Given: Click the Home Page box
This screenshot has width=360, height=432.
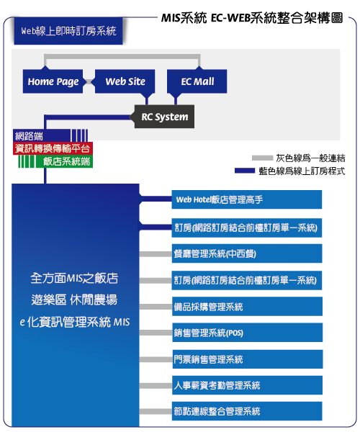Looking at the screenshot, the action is pos(53,81).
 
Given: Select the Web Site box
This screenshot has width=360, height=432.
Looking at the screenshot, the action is pos(125,81).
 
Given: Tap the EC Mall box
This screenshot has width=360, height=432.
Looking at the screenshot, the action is pos(197,81).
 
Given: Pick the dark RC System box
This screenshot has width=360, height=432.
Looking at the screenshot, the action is pos(164,117).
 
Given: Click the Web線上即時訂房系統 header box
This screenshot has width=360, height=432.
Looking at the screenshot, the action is pos(68,31).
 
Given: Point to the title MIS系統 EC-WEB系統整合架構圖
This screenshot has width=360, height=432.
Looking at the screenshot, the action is pos(252,18).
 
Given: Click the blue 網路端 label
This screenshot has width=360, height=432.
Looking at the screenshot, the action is pos(41,136).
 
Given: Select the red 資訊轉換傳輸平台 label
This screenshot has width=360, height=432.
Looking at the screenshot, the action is pos(53,148).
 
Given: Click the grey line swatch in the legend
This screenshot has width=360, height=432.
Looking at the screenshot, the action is pos(262,158).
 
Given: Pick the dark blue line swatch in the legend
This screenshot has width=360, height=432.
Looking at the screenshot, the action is pos(245,171).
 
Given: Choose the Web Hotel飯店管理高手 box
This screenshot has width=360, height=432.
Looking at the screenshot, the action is pos(247,199).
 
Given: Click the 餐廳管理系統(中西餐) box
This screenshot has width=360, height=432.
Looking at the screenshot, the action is pos(247,253).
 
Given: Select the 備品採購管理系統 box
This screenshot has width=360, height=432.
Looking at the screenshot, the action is pos(248,307).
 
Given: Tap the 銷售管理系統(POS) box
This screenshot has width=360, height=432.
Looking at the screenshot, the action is pos(248,333).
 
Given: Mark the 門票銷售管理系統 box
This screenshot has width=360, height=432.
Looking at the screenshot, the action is pos(248,359).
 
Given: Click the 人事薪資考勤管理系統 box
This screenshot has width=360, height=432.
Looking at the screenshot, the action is pos(248,385).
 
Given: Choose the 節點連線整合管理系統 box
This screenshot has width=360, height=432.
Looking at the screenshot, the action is pos(247,411).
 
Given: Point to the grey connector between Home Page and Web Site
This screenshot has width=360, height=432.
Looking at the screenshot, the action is pos(89,81).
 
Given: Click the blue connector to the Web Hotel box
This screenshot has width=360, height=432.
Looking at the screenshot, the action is pos(156,199).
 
